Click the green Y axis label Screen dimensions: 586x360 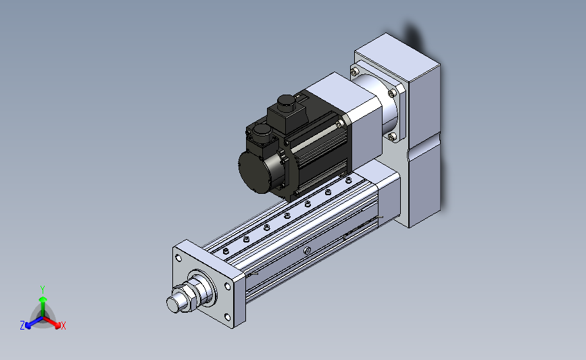pos(43,290)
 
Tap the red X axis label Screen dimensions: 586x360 pos(63,326)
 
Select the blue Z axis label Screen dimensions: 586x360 pos(22,326)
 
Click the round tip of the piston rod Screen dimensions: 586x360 pos(172,304)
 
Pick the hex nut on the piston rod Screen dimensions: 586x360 pos(186,298)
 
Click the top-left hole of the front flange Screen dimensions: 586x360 pos(178,258)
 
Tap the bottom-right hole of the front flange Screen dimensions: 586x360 pos(228,317)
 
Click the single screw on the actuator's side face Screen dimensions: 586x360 pos(308,251)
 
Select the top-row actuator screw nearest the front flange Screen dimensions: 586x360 pos(226,251)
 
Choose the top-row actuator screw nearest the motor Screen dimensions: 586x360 pos(348,180)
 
